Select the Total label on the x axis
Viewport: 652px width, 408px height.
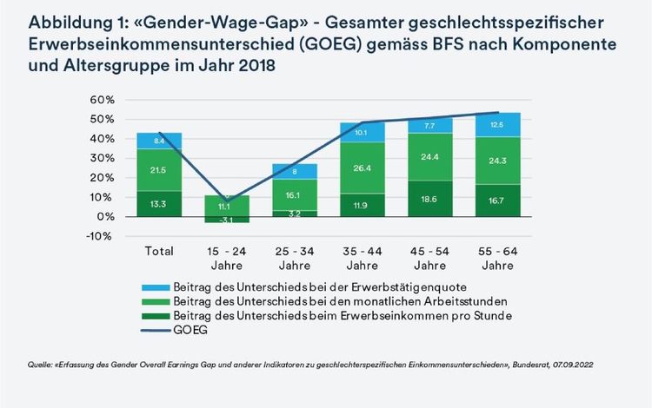pyautogui.click(x=157, y=251)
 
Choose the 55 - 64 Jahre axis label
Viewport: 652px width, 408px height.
pyautogui.click(x=496, y=258)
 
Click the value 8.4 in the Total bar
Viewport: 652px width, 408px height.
pyautogui.click(x=158, y=141)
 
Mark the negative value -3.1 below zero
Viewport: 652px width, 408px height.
pyautogui.click(x=226, y=220)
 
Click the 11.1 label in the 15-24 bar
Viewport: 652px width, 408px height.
pyautogui.click(x=226, y=206)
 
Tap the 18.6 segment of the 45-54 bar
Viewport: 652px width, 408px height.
pyautogui.click(x=429, y=199)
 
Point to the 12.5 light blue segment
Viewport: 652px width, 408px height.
pyautogui.click(x=496, y=125)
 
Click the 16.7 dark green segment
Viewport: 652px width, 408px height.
pyautogui.click(x=496, y=201)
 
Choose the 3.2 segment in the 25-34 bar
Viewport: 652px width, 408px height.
pyautogui.click(x=294, y=212)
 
